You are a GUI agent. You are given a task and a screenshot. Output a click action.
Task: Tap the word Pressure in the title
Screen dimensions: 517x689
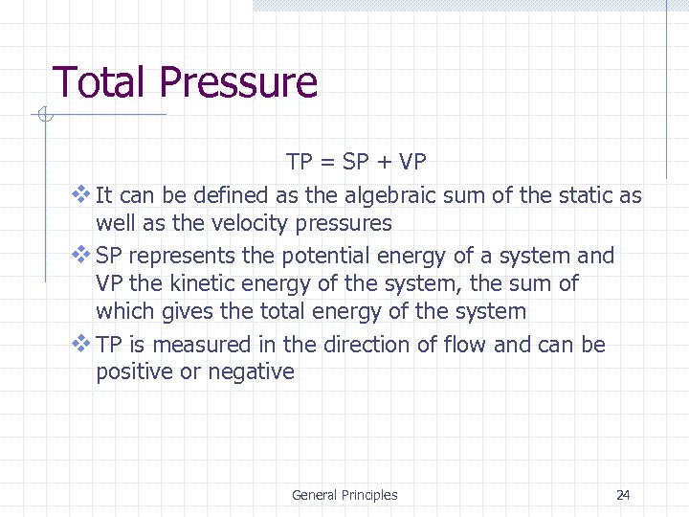point(238,82)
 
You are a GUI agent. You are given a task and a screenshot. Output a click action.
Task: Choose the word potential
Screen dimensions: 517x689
point(323,257)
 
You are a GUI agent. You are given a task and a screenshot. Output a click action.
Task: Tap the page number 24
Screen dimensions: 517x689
point(623,495)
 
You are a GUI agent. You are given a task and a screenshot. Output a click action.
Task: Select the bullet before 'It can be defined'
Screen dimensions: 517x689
point(80,194)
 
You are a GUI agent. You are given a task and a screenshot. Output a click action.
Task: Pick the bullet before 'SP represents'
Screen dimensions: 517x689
point(80,255)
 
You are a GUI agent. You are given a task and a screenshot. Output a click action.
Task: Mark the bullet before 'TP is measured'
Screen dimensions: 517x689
point(80,343)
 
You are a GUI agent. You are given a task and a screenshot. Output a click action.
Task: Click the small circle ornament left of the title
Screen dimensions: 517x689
point(43,116)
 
